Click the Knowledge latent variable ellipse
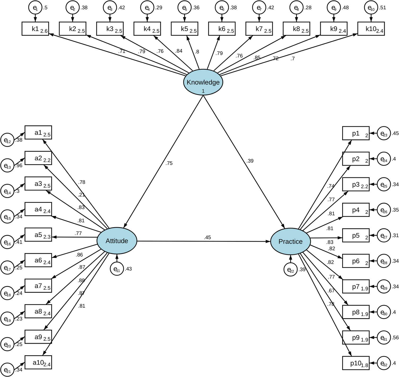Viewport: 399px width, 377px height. pos(203,82)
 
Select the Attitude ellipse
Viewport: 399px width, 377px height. pos(117,241)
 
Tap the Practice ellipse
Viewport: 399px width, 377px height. pos(290,241)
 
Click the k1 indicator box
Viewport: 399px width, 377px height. pos(35,29)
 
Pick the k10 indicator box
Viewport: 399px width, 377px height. pos(371,29)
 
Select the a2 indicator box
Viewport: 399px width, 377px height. pos(38,158)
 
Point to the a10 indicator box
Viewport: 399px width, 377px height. pos(38,362)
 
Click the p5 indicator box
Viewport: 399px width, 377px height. pos(356,235)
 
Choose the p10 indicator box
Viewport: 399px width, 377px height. pos(356,363)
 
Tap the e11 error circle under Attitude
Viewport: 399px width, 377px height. pos(117,269)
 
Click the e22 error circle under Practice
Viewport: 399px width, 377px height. pos(290,270)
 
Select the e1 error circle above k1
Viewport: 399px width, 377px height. pos(35,8)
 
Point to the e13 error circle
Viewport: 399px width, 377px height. pos(7,166)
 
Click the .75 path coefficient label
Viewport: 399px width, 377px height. pos(169,163)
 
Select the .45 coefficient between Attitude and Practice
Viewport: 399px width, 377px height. pos(207,237)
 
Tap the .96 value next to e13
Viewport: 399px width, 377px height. pos(19,165)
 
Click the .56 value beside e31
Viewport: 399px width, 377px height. pos(395,337)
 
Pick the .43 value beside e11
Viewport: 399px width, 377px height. pos(128,269)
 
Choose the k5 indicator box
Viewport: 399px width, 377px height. pos(185,29)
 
